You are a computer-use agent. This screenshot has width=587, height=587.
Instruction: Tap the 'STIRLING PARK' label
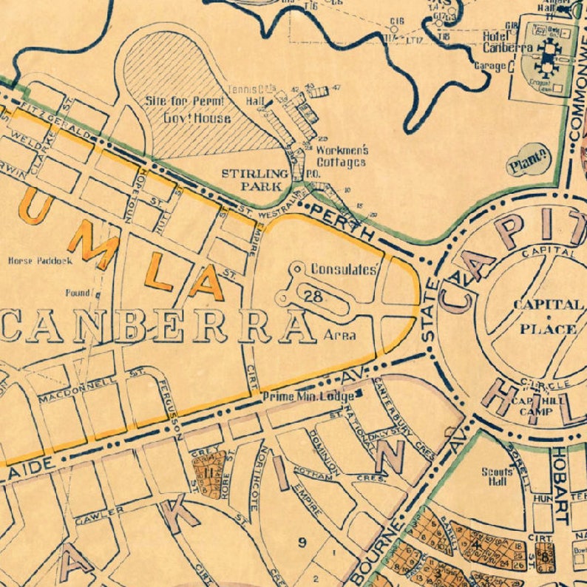254,180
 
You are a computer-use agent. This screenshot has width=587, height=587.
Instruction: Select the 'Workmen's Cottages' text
342,156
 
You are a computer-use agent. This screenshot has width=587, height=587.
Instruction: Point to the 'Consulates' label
344,270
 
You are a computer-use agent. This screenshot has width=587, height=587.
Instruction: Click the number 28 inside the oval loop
312,296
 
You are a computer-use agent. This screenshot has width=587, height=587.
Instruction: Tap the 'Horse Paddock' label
40,261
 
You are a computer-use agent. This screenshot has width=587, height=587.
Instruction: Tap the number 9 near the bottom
302,543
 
